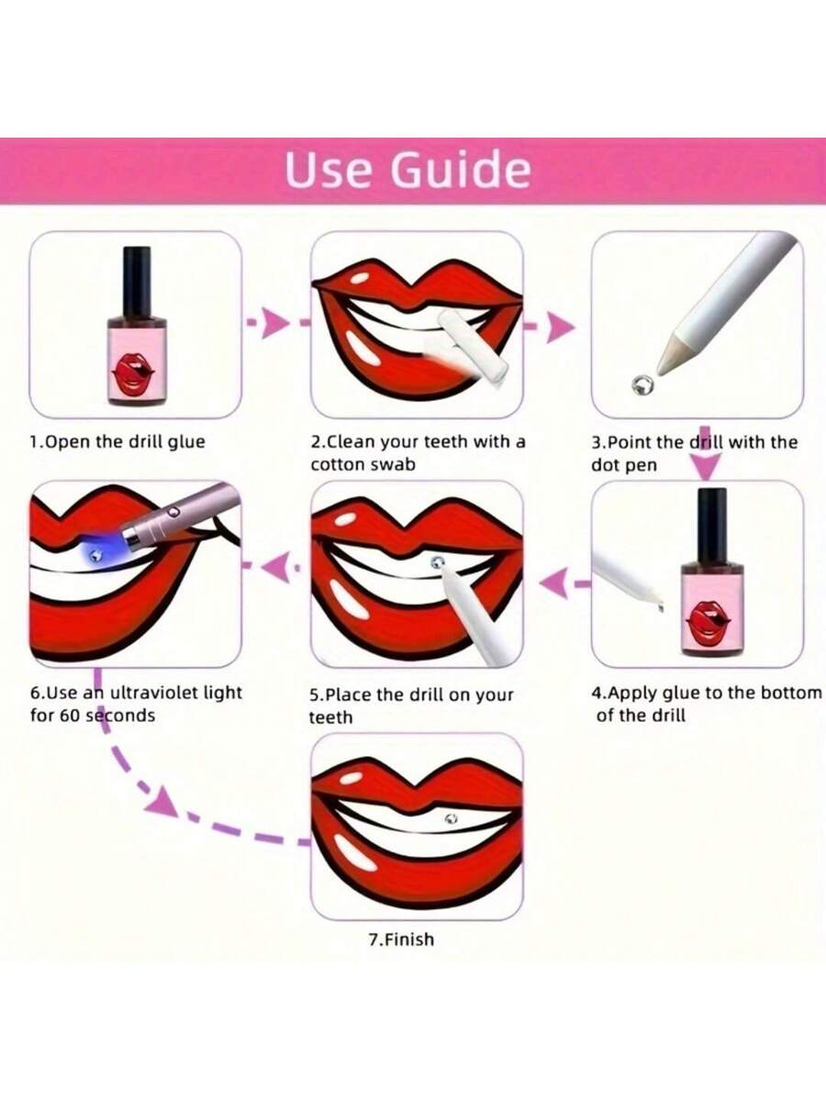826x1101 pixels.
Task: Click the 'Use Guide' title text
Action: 407,170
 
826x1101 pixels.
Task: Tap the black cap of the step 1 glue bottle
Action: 138,282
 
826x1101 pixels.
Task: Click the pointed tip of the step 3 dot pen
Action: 658,373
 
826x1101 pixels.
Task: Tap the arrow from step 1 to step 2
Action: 277,322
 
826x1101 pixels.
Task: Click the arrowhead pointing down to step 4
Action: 706,469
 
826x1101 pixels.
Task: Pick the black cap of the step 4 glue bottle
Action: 711,526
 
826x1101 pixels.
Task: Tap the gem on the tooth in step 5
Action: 437,562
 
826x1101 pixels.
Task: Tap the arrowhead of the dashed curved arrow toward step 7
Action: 162,801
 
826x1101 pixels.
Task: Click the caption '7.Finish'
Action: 401,940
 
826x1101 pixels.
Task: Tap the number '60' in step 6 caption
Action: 71,716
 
